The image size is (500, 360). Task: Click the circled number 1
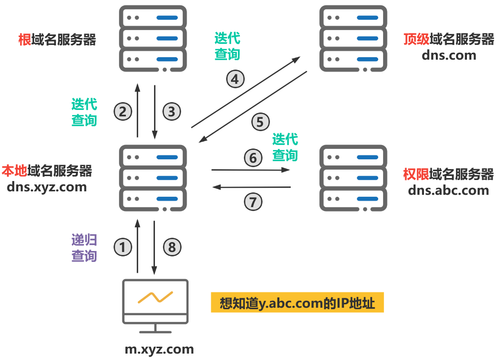[123, 247]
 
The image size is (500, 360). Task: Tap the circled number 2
[123, 111]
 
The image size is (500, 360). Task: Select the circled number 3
[171, 111]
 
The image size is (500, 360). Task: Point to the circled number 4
[235, 79]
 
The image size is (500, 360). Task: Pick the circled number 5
[261, 122]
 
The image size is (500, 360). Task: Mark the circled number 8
[172, 247]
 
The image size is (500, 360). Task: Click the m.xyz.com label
[159, 350]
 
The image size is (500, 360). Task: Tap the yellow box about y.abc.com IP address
[297, 303]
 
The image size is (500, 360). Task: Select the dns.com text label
[449, 55]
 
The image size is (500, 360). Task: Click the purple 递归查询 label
[84, 248]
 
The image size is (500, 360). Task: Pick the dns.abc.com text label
[448, 190]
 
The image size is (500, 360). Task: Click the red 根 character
[24, 39]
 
